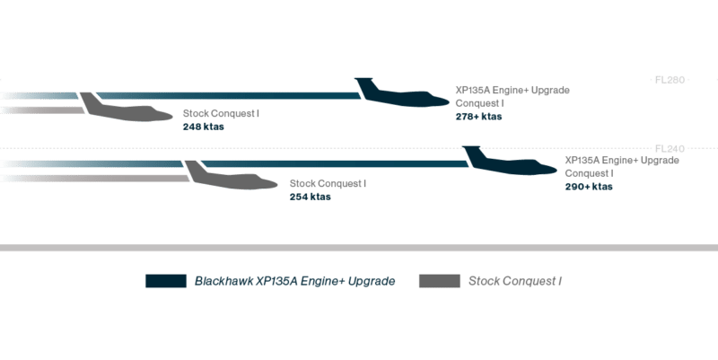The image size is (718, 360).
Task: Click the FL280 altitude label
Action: [x=670, y=80]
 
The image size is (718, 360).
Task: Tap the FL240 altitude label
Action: [x=670, y=148]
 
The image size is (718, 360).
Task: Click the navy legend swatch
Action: [x=165, y=281]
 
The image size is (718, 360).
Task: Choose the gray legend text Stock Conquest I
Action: [x=516, y=282]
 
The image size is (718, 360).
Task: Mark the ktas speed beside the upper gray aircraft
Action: [x=203, y=127]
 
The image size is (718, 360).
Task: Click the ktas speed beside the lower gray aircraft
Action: [x=310, y=197]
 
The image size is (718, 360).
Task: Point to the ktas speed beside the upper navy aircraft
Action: [x=478, y=117]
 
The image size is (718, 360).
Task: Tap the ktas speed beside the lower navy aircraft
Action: [x=589, y=188]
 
